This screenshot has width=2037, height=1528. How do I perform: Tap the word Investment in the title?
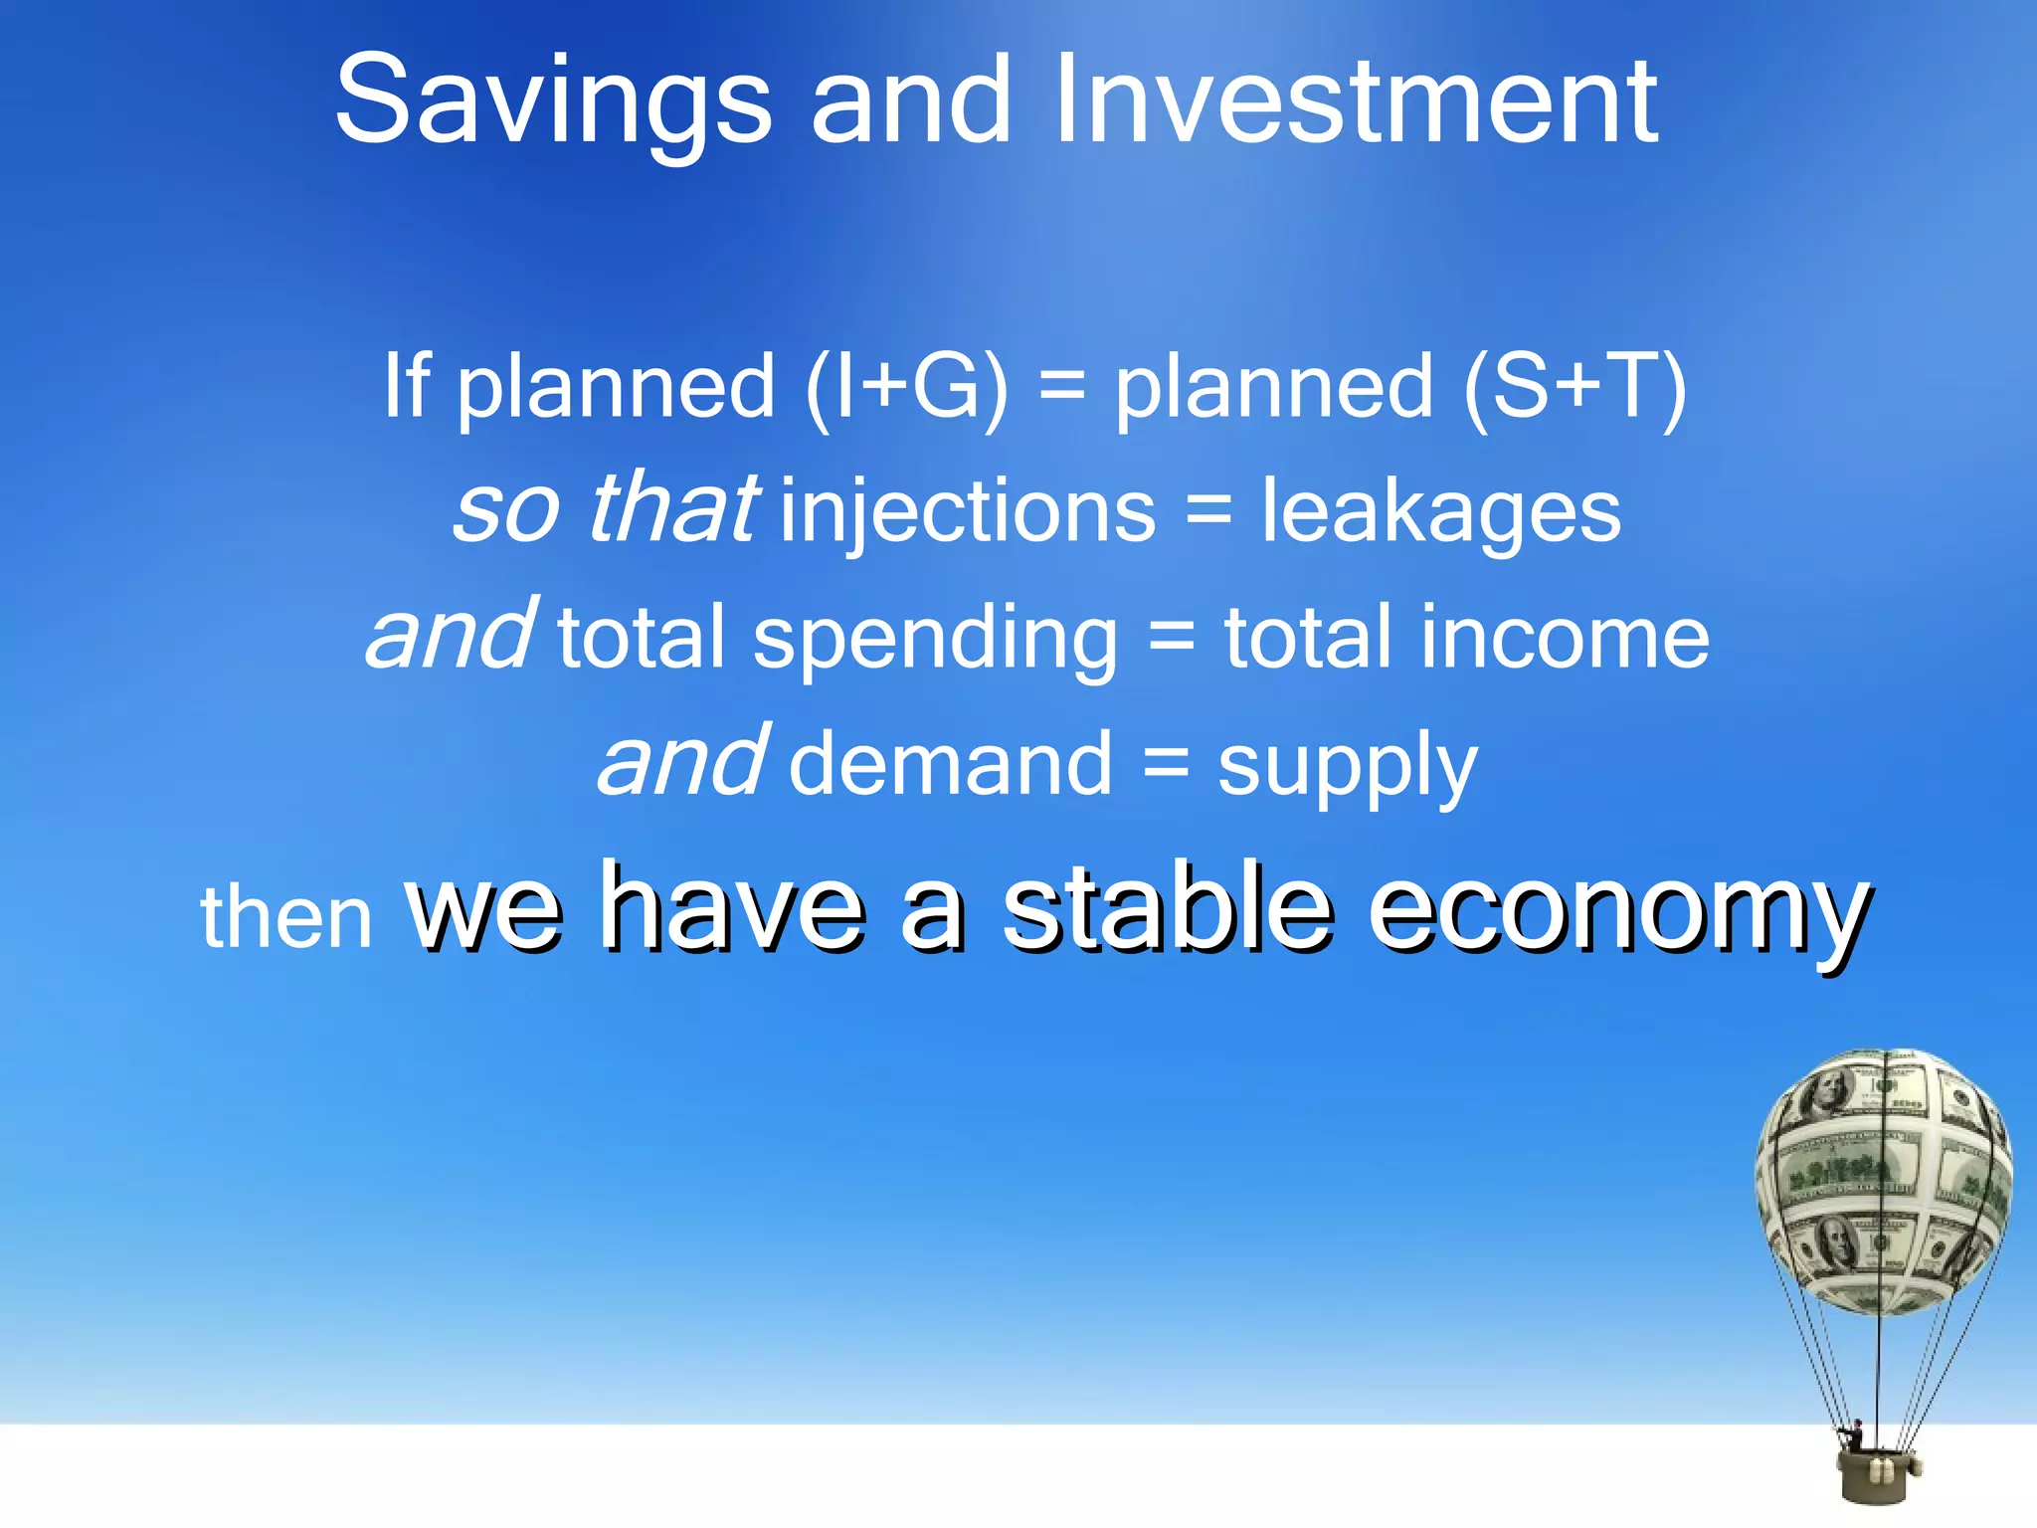(x=1355, y=99)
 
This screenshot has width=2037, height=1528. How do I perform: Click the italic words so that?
(x=606, y=509)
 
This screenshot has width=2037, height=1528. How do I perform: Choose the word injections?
(x=967, y=511)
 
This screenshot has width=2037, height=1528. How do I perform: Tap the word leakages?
(x=1441, y=511)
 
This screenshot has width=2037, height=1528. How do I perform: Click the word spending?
(x=935, y=641)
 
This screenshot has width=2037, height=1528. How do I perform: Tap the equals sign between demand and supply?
(x=1165, y=764)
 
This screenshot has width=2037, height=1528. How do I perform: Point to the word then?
(x=286, y=917)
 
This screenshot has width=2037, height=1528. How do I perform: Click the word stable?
(x=1166, y=907)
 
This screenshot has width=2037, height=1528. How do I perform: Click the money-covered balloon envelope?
(x=1883, y=1180)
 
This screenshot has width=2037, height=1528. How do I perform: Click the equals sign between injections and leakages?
(x=1208, y=511)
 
